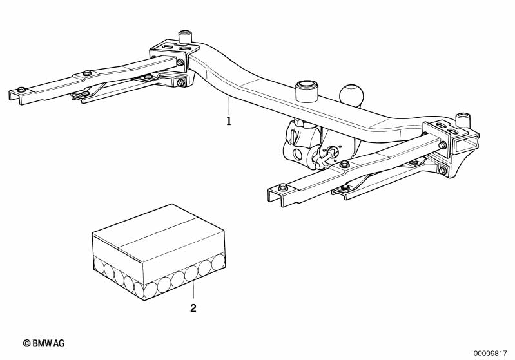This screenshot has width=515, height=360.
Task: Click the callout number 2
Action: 193,308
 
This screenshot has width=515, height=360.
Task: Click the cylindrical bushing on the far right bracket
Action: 462,120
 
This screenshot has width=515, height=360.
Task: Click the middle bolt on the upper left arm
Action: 86,73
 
